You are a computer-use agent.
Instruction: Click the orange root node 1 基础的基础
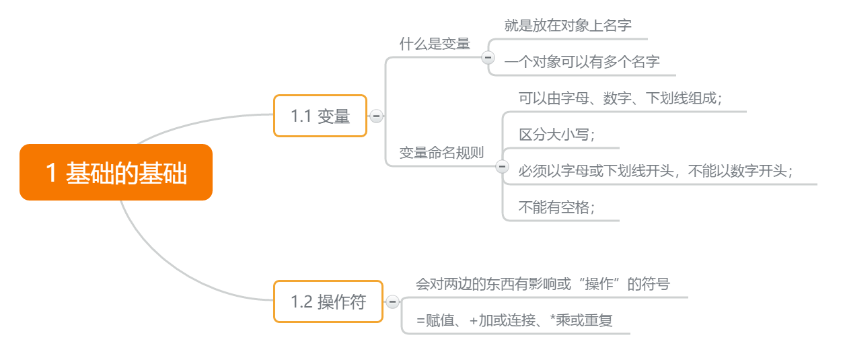tap(116, 172)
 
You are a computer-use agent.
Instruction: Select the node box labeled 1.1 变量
tap(320, 116)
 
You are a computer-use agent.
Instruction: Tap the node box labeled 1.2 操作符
tap(328, 301)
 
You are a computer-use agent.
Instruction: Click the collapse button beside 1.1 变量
tap(377, 116)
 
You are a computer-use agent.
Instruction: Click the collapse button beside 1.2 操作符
tap(393, 302)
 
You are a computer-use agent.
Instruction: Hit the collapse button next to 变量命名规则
tap(501, 166)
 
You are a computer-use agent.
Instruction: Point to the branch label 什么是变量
tap(435, 44)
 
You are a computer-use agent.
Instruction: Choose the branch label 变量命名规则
tap(441, 152)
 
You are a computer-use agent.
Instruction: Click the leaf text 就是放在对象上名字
tap(567, 26)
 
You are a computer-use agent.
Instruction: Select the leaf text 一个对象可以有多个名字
tap(582, 62)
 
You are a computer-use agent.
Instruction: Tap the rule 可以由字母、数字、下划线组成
tap(620, 98)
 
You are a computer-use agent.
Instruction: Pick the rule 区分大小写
tap(556, 135)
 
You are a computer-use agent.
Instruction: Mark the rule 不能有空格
tap(556, 207)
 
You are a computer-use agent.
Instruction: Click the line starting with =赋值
tap(515, 320)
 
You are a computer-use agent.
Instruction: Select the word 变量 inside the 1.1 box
tap(334, 116)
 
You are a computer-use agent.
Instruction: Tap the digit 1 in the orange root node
tap(51, 173)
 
